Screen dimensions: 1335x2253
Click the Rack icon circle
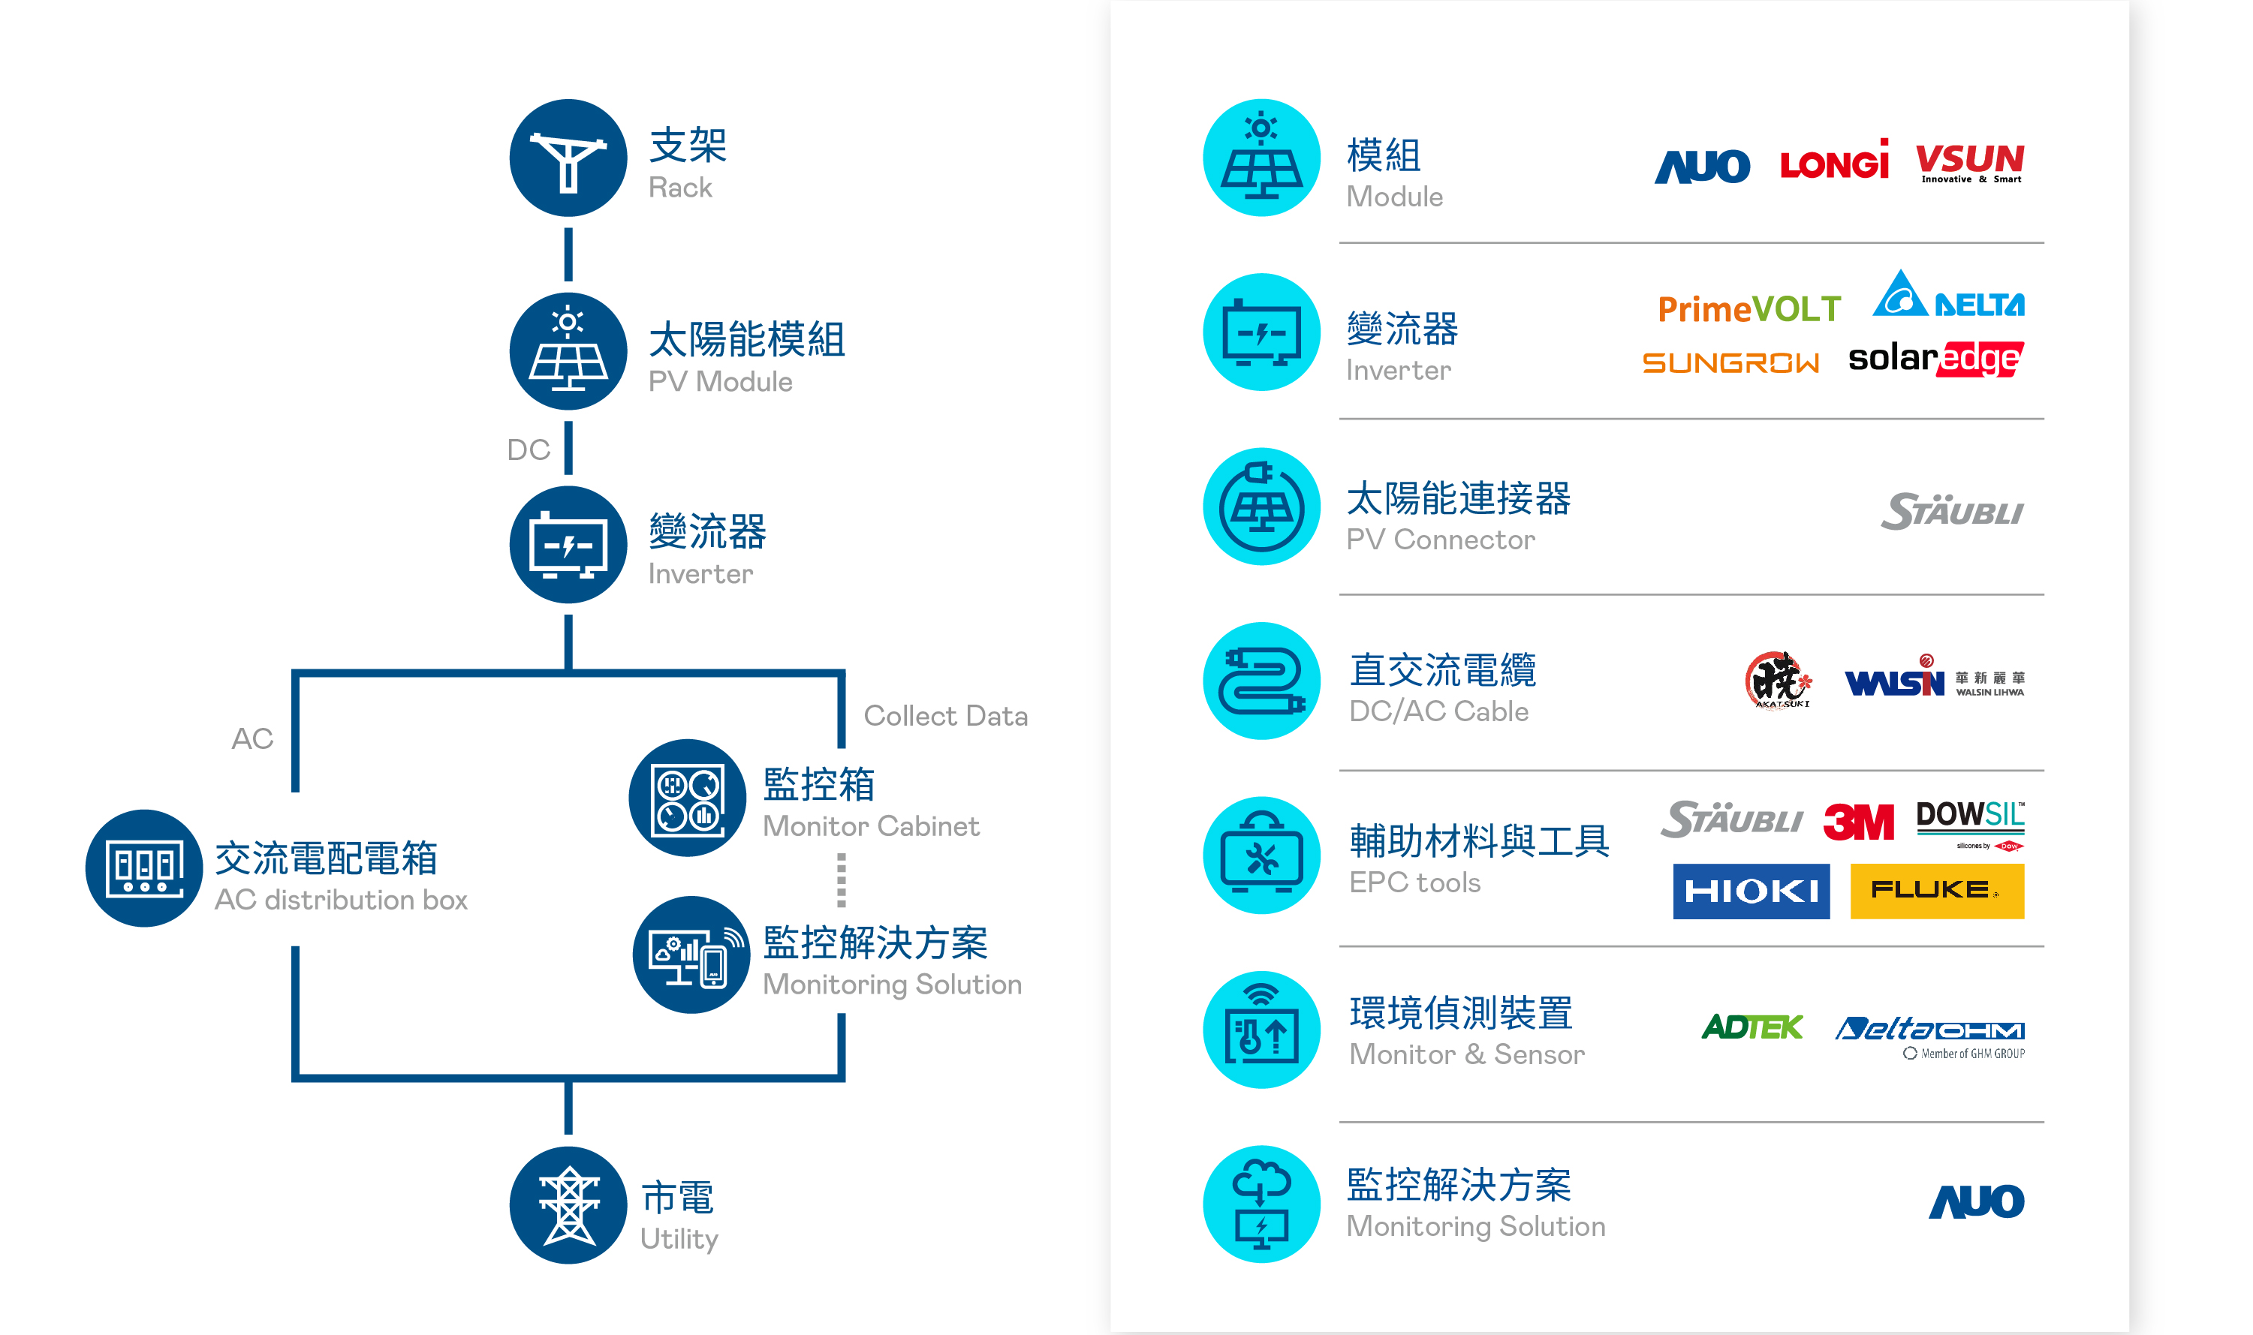pos(568,158)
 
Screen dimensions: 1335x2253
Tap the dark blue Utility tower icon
pos(568,1204)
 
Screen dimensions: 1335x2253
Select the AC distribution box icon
pos(144,868)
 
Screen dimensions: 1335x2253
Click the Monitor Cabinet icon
pos(688,797)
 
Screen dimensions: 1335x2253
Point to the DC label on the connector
pos(529,450)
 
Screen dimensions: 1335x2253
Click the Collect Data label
pos(944,716)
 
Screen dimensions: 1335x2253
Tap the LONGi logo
pos(1834,162)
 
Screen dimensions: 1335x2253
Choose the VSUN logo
pos(1969,163)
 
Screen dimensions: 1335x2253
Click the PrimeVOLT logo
pos(1748,309)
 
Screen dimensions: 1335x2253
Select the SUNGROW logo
pos(1730,362)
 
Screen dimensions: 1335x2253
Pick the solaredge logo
pos(1935,359)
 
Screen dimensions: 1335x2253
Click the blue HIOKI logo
pos(1751,891)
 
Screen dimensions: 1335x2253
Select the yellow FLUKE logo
pos(1936,891)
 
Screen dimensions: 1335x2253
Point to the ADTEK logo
pos(1751,1027)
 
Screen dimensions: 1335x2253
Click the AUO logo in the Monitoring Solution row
pos(1976,1202)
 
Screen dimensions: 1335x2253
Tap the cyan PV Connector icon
pos(1261,507)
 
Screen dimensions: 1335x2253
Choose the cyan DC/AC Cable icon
pos(1261,681)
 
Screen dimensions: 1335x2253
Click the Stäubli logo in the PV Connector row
pos(1952,511)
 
